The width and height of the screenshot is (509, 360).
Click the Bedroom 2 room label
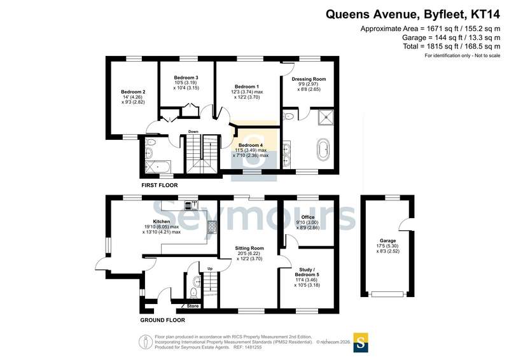(x=133, y=92)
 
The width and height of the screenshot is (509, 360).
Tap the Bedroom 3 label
(x=186, y=78)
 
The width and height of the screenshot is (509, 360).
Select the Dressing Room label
(x=309, y=79)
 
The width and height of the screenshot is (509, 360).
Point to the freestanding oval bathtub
(x=323, y=149)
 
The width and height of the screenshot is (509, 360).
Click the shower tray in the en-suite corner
(x=326, y=118)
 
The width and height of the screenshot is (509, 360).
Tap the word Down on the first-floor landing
(x=193, y=132)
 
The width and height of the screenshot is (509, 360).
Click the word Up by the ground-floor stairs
(x=210, y=269)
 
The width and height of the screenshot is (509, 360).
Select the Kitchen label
(x=162, y=221)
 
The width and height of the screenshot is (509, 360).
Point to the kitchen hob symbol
(x=213, y=227)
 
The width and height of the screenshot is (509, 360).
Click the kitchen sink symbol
(x=192, y=205)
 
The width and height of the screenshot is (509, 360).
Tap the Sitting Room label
(x=249, y=248)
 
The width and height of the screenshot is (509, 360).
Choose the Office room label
(x=308, y=217)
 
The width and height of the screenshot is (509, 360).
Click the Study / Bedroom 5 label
(x=307, y=272)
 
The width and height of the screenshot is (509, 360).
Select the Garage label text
(x=388, y=240)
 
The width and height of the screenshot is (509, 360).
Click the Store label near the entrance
(x=193, y=306)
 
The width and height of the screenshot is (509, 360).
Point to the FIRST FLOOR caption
(x=160, y=185)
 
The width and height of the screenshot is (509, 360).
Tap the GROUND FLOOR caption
(x=163, y=320)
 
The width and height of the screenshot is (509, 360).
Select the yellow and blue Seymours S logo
(x=361, y=342)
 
